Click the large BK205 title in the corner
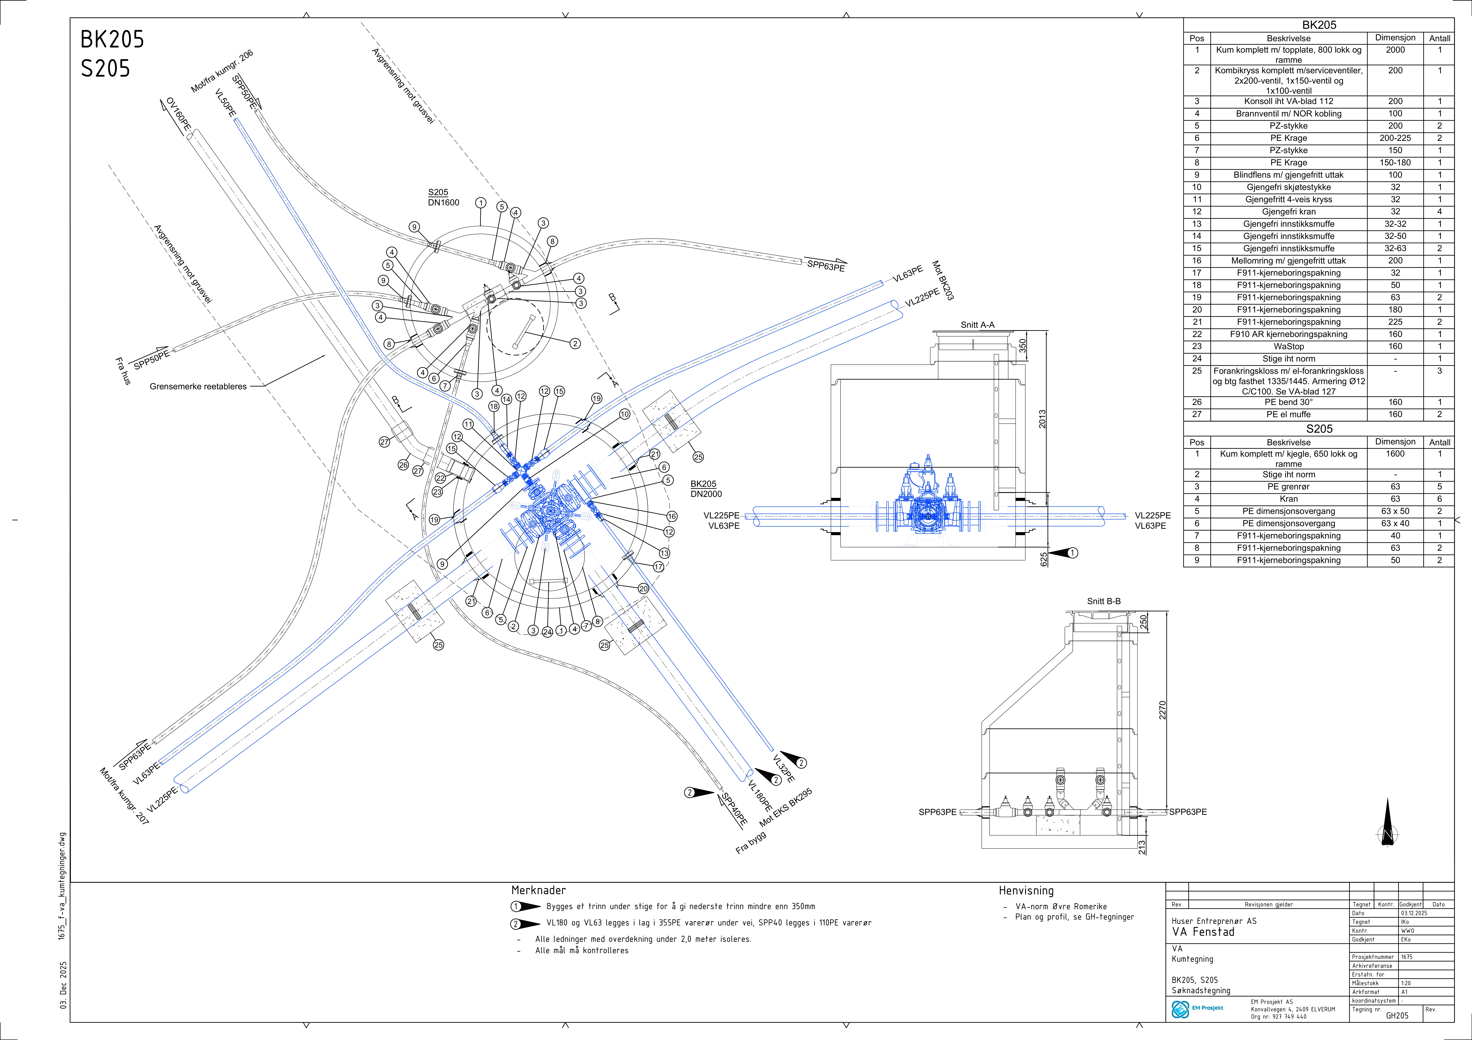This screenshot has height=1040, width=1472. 112,40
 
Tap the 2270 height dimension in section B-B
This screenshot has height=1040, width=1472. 1162,710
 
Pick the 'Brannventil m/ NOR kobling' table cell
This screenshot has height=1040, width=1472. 1289,113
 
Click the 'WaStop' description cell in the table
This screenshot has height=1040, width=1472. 1289,346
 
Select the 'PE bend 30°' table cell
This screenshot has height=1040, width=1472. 1289,402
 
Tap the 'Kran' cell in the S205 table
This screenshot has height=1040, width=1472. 1289,499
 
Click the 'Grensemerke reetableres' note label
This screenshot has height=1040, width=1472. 198,387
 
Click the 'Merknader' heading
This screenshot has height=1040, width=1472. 539,890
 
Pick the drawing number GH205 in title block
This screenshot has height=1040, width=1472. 1397,1016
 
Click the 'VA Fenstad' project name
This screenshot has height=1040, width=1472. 1203,932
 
